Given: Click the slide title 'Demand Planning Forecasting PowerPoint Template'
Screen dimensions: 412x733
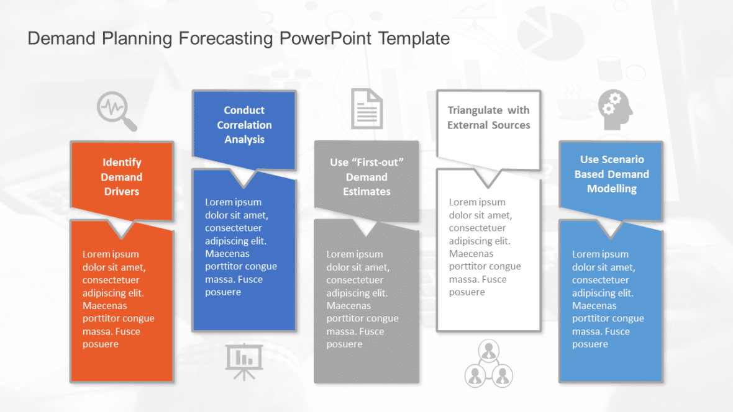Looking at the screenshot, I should tap(239, 38).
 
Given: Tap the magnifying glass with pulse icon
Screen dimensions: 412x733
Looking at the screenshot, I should tap(116, 111).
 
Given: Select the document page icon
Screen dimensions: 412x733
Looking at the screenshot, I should tap(366, 109).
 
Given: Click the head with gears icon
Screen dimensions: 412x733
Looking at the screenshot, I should tap(615, 110).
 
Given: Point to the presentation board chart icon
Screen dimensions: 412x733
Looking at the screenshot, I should tap(244, 361).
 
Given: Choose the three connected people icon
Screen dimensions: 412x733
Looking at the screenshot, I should tap(489, 364).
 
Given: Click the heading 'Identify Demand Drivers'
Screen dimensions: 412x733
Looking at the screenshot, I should tap(122, 177).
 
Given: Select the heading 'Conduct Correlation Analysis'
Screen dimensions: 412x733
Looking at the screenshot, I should tap(244, 125).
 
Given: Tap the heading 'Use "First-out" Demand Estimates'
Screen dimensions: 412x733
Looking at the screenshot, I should tap(366, 177).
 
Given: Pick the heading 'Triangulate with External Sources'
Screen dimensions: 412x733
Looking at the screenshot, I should tap(489, 117).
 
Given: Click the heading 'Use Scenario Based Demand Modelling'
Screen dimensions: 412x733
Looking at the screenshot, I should tap(611, 174).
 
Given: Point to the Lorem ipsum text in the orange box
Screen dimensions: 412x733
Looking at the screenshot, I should tap(119, 299).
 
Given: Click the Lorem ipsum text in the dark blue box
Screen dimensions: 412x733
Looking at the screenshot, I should tap(241, 247).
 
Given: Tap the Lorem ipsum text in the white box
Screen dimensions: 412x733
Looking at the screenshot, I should tap(485, 247).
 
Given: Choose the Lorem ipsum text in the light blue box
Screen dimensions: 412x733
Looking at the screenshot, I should tap(608, 299).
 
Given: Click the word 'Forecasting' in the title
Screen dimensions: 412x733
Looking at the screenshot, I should tap(225, 38).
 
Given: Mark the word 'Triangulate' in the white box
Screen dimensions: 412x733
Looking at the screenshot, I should tap(475, 110).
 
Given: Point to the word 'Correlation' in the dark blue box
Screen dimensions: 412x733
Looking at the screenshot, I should tap(244, 125).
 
